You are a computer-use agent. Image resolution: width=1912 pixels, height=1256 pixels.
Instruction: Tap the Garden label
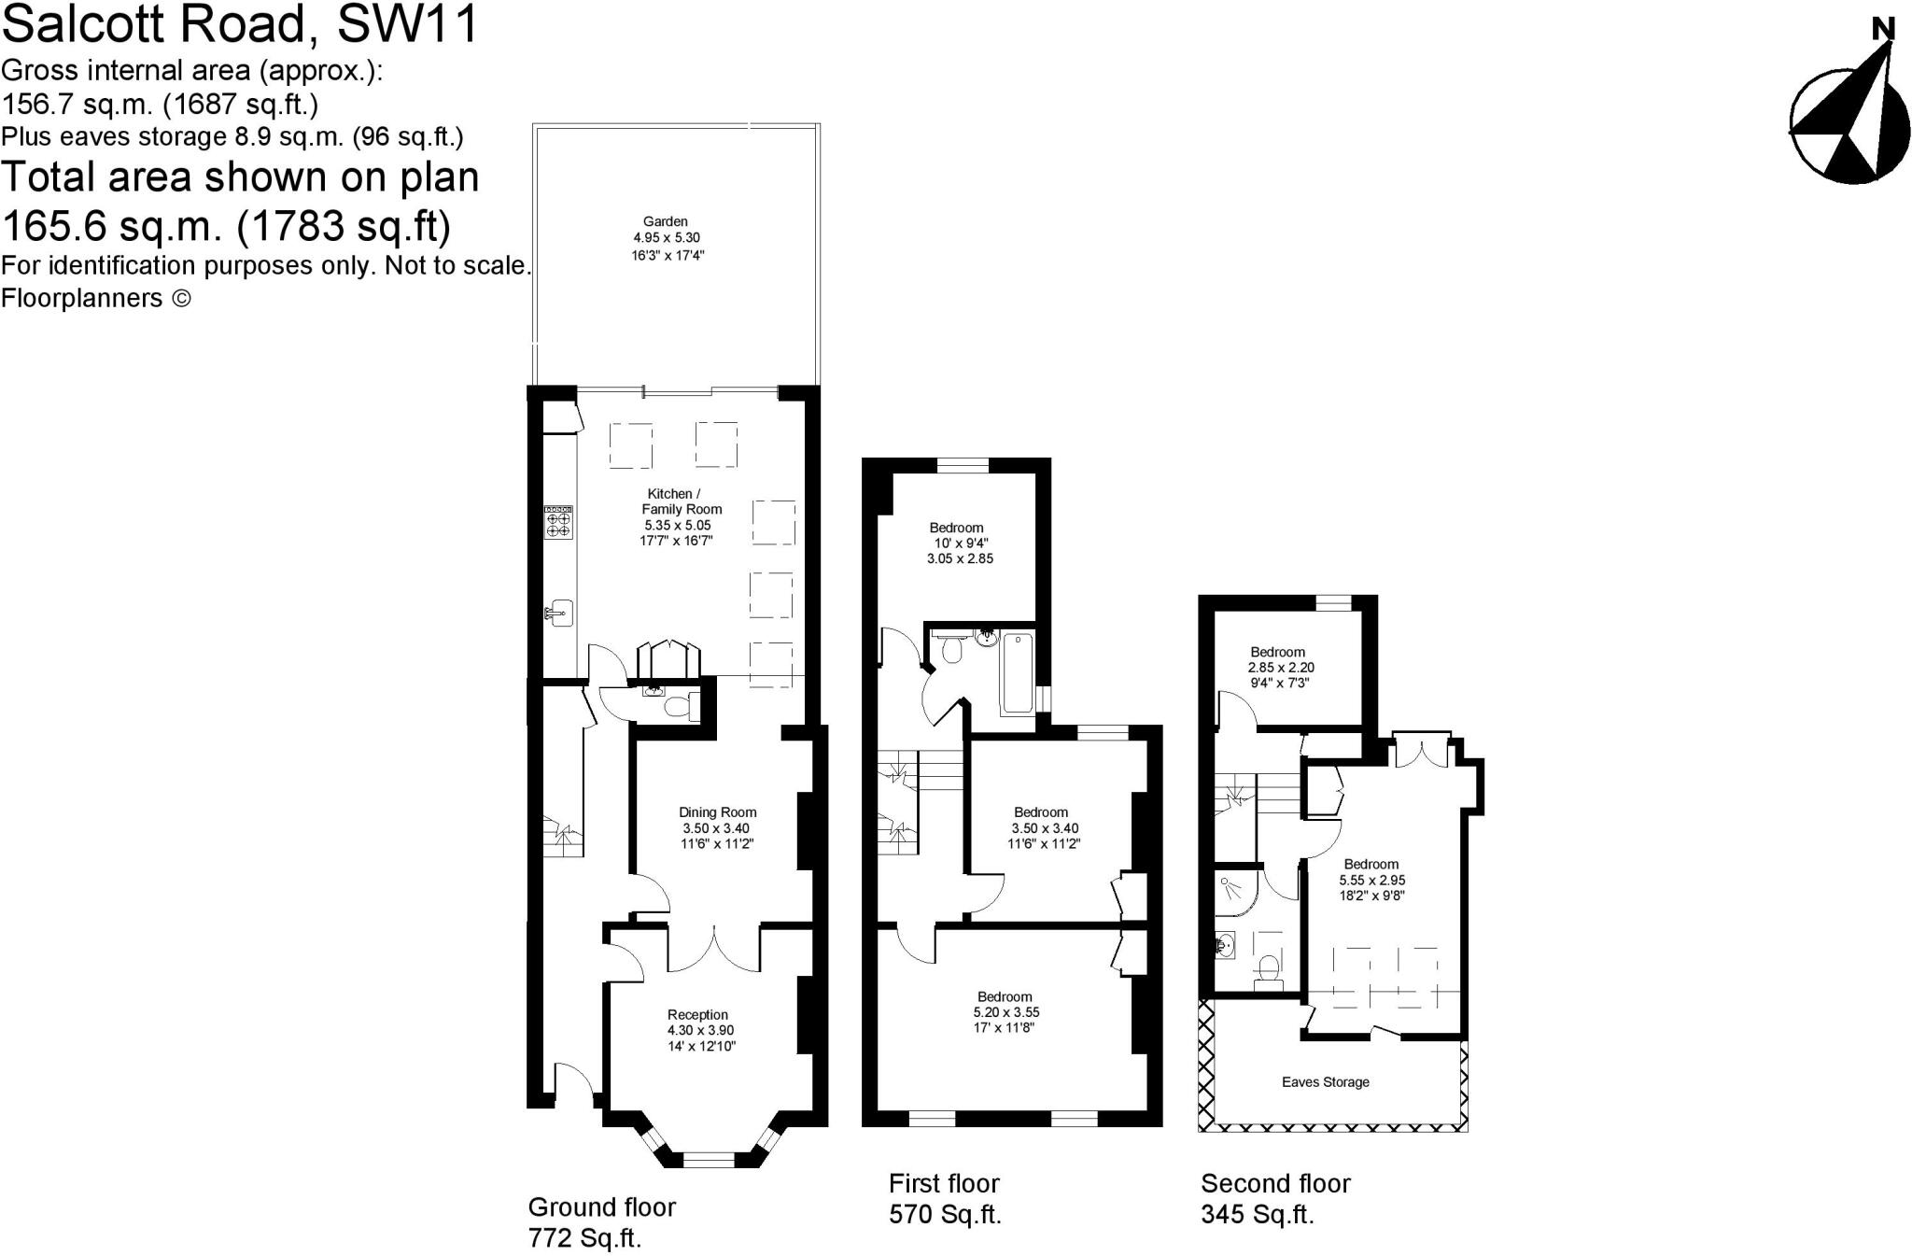[x=665, y=222]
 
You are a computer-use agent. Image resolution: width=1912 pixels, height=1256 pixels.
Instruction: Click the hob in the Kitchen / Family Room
[x=558, y=522]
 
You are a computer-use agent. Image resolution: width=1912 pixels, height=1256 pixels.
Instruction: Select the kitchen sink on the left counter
[x=560, y=614]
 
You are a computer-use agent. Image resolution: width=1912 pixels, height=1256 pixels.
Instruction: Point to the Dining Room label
[x=717, y=812]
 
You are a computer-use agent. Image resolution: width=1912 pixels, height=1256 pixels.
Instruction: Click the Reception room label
[x=697, y=1015]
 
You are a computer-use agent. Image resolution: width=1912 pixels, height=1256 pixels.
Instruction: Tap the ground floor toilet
[x=677, y=707]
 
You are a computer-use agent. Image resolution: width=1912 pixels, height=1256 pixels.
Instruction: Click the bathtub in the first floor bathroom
[x=1017, y=672]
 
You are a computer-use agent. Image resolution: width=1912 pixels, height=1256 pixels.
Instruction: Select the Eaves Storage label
[x=1325, y=1082]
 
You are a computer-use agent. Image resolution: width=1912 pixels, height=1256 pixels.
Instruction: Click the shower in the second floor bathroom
[x=1235, y=891]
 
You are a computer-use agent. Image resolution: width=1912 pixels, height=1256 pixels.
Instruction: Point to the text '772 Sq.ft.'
[x=584, y=1238]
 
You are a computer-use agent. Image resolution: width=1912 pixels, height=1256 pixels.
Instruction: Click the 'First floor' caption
[x=944, y=1184]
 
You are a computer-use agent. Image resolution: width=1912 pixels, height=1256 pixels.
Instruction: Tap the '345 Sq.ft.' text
[x=1257, y=1215]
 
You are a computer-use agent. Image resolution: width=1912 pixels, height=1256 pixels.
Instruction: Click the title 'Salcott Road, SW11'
[x=240, y=24]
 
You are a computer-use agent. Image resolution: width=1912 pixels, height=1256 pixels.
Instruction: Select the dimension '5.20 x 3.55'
[x=1005, y=1012]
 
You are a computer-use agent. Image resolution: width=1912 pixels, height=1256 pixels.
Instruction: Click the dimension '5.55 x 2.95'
[x=1371, y=880]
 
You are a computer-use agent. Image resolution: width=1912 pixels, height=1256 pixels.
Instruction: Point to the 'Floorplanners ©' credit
[x=96, y=298]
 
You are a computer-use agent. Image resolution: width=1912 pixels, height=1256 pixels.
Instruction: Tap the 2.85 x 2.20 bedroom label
[x=1277, y=653]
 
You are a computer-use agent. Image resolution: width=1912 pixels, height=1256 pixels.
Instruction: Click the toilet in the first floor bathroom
[x=951, y=649]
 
